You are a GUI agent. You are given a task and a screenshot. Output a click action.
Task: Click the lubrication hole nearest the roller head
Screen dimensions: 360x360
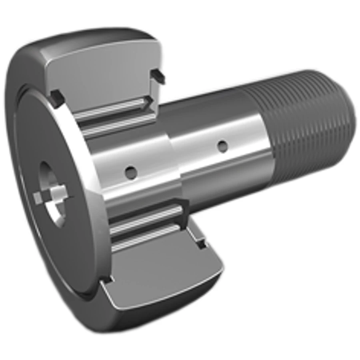pos(130,172)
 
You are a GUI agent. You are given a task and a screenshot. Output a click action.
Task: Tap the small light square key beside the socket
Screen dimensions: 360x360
pos(38,197)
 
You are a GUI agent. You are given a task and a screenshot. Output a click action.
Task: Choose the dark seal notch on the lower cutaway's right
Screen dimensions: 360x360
pos(200,242)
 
